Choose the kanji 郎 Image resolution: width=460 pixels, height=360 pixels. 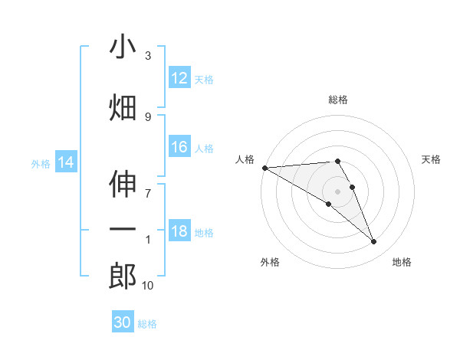point(123,276)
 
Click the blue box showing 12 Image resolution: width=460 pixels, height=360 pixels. point(179,77)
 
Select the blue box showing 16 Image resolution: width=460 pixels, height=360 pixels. point(179,148)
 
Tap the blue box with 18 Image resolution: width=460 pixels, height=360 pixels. point(179,232)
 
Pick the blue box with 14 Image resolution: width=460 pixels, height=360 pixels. point(66,162)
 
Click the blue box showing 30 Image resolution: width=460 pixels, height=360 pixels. point(123,322)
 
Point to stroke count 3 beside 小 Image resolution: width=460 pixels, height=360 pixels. point(148,56)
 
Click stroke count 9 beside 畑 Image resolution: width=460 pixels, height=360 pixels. point(148,116)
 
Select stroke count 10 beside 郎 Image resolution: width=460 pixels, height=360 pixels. point(148,286)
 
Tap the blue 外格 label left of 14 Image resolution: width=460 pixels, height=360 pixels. point(41,163)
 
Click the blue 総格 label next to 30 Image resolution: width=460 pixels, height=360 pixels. point(147,324)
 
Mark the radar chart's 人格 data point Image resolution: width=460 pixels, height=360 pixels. point(264,168)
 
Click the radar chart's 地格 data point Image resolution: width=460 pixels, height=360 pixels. point(373,242)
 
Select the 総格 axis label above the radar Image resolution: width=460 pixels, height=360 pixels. point(338,100)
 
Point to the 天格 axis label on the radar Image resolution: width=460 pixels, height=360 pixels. point(431,159)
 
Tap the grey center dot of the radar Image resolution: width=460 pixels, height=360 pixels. point(338,191)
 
